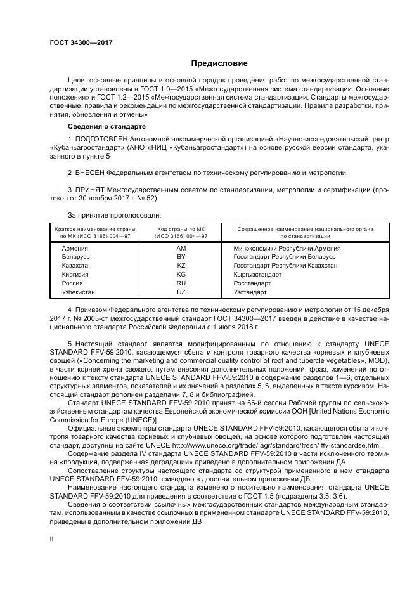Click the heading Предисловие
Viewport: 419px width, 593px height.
[x=220, y=63]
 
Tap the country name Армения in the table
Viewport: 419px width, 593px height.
[x=75, y=248]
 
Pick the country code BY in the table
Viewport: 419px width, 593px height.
[x=181, y=257]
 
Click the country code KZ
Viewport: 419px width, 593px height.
[x=181, y=266]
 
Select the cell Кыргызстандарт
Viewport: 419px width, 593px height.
[x=257, y=275]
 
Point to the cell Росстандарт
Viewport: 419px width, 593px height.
[x=252, y=283]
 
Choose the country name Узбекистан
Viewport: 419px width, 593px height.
[x=79, y=292]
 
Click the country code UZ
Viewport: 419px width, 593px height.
[x=181, y=292]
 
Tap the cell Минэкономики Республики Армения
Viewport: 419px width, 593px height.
[x=287, y=248]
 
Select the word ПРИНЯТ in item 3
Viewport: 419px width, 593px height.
[x=90, y=189]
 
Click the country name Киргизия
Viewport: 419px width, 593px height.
[x=75, y=275]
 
